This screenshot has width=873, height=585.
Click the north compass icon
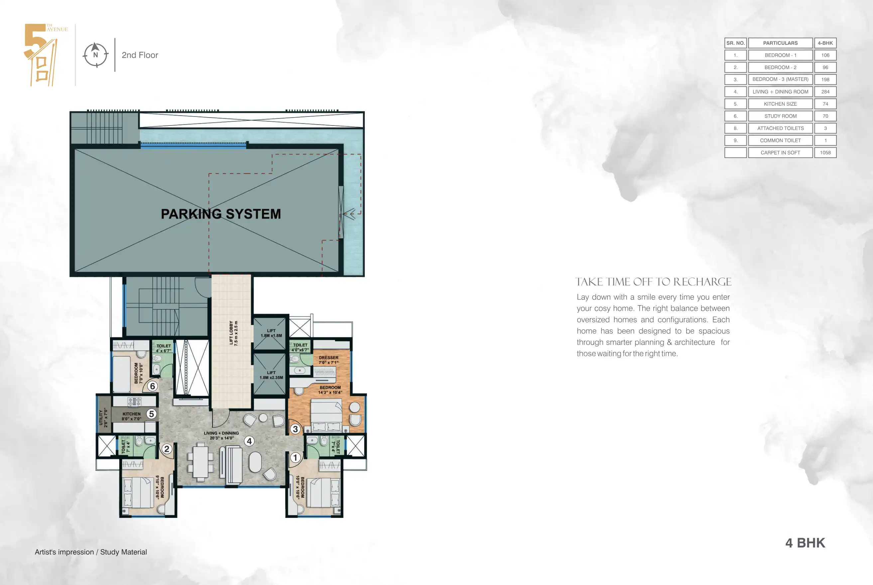point(96,54)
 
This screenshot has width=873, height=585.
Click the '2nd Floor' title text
point(140,55)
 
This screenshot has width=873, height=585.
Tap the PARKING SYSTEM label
point(221,214)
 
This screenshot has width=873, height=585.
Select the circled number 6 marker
point(152,386)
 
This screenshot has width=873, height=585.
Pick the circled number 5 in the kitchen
point(151,414)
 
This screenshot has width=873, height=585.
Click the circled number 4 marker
point(249,441)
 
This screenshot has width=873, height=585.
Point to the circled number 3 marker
point(295,429)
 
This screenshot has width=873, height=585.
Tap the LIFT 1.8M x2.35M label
point(271,375)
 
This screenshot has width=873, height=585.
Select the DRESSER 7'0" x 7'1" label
point(328,360)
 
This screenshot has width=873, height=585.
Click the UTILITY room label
point(103,418)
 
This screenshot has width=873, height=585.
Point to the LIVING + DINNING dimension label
point(221,435)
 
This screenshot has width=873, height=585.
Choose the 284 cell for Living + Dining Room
point(825,92)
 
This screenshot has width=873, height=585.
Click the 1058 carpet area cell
point(825,153)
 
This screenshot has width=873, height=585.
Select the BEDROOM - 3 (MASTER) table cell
point(780,79)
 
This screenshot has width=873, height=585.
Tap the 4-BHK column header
point(825,43)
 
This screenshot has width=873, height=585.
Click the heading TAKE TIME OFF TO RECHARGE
point(653,282)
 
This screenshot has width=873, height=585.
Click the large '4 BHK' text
point(805,543)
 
